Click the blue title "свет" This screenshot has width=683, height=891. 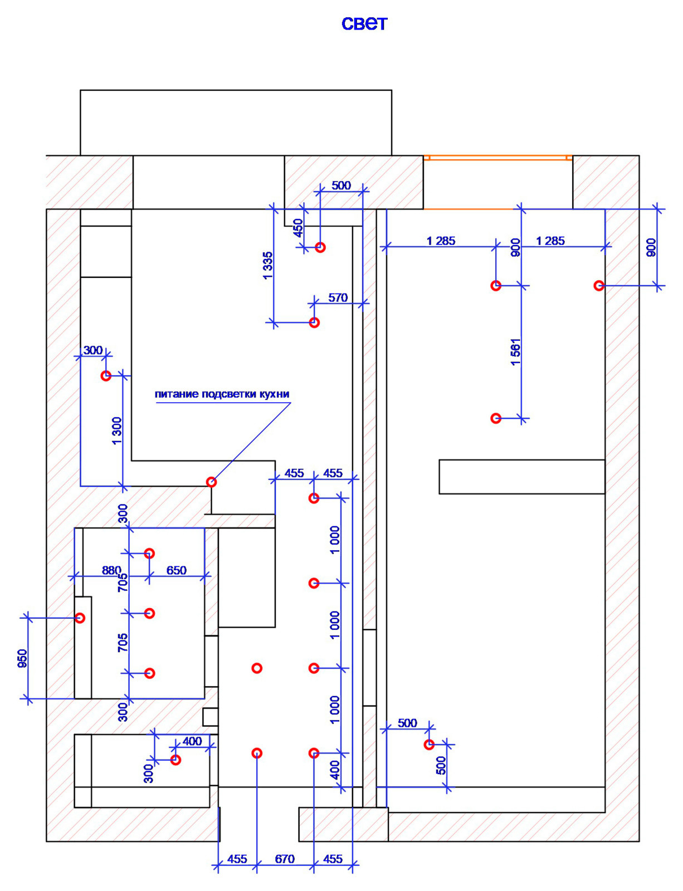pos(364,24)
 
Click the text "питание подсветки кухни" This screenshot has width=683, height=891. pos(222,394)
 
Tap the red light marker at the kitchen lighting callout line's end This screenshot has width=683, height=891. pos(211,482)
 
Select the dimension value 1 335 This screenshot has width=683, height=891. pos(267,266)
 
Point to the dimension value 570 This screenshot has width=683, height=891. pos(338,298)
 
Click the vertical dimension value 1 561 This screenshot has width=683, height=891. pos(516,352)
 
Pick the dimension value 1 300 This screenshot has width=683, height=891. pos(117,431)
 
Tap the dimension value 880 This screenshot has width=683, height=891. pos(111,570)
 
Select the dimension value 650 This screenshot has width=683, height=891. pos(177,570)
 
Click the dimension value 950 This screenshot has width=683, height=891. pos(22,658)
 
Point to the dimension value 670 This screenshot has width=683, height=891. pos(285,859)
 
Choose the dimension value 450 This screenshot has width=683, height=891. pos(299,228)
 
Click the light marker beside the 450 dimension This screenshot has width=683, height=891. pos(320,247)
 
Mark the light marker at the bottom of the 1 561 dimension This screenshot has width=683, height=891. pos(496,418)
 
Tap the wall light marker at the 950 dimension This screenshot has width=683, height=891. pos(80,618)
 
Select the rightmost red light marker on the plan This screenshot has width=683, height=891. pos(599,285)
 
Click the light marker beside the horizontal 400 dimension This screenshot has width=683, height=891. pos(175,760)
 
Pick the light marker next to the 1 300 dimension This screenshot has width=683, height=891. pos(106,375)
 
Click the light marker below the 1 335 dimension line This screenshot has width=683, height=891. pos(314,322)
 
